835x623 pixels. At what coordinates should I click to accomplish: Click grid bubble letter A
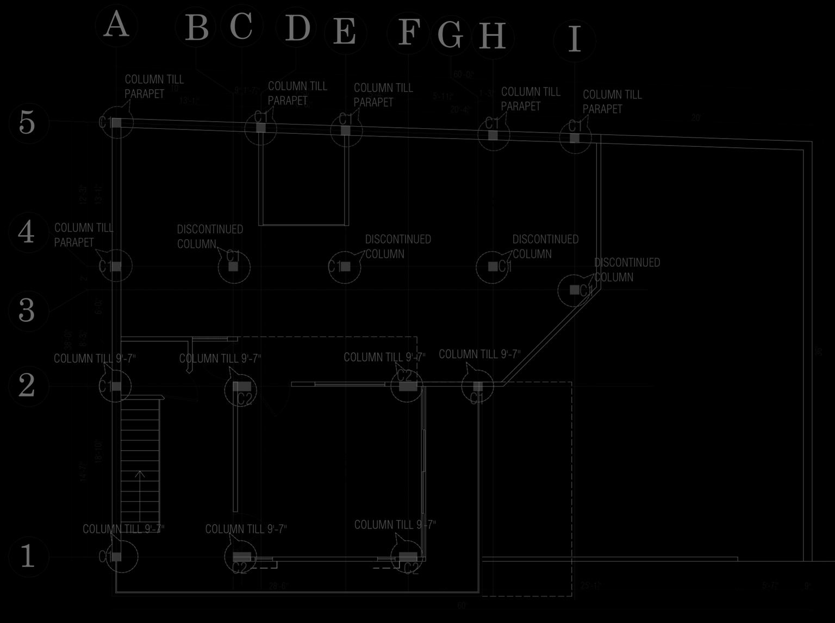click(116, 26)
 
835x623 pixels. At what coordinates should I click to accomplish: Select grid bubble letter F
click(408, 33)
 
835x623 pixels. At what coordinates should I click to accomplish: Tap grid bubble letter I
click(575, 40)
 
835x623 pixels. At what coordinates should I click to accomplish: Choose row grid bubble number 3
click(27, 310)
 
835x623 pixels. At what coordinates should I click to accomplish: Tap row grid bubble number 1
click(27, 556)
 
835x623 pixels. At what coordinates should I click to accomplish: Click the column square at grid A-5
click(115, 123)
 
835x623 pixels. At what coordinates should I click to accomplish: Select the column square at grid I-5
click(575, 138)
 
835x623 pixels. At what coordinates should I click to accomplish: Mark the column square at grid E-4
click(345, 266)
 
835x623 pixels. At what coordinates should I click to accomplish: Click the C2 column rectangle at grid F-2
click(408, 386)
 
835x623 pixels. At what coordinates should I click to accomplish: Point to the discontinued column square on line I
click(575, 290)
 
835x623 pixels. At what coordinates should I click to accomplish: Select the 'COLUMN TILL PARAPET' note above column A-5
click(154, 86)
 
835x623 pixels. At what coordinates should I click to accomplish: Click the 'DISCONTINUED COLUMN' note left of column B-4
click(210, 236)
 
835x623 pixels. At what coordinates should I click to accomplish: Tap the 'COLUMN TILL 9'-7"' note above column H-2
click(479, 354)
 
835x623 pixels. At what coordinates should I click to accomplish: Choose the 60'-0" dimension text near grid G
click(463, 74)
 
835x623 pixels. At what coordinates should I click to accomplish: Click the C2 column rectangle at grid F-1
click(408, 557)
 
